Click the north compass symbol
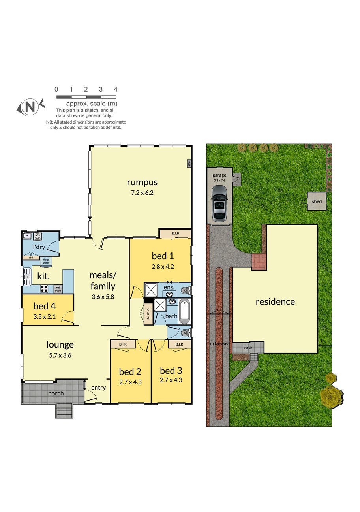[30, 107]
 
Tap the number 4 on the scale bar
[116, 90]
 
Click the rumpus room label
[142, 182]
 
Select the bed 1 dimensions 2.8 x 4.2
[163, 267]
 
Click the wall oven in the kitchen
[58, 289]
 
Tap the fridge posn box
[46, 261]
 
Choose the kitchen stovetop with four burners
[44, 288]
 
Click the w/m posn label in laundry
[38, 236]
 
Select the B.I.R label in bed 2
[123, 344]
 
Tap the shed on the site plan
[317, 201]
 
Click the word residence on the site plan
[275, 302]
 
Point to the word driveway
[219, 344]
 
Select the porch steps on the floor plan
[64, 411]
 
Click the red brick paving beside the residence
[259, 262]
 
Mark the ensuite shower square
[151, 290]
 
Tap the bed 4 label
[44, 306]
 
